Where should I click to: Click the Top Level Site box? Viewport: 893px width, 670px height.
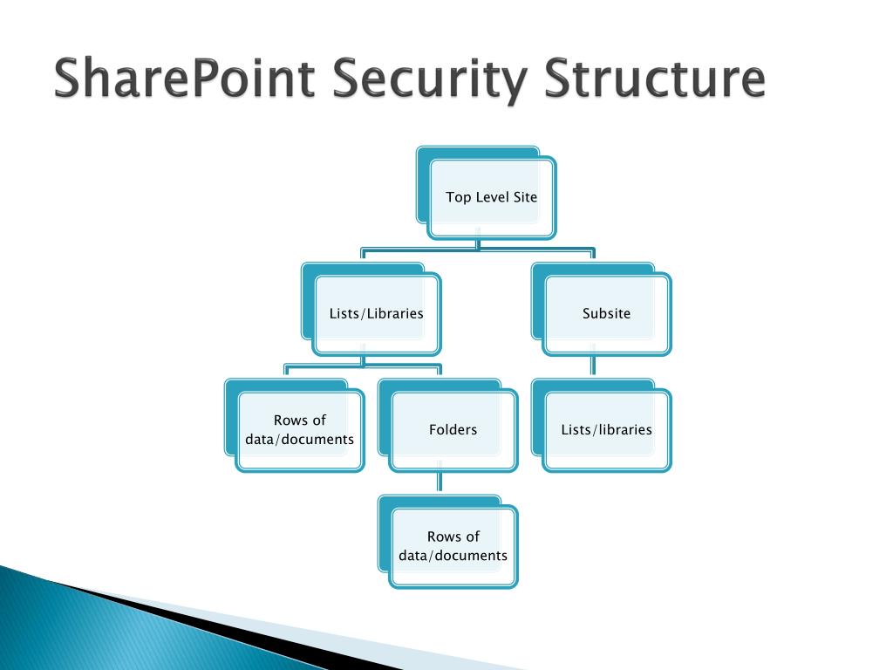pos(491,197)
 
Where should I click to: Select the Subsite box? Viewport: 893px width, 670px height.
pos(606,313)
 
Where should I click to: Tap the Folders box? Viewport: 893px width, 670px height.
pos(453,430)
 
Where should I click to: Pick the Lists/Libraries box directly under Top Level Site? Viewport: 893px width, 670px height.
pos(376,313)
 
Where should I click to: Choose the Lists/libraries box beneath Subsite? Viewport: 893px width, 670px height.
pos(606,430)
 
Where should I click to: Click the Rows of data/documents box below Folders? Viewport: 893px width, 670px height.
pos(453,546)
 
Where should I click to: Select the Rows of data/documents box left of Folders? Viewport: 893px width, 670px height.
pos(299,430)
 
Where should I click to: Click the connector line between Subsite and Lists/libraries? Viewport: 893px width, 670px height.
pos(593,366)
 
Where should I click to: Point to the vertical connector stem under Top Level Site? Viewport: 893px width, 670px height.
pos(478,243)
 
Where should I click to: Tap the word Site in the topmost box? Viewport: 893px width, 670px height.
pos(525,197)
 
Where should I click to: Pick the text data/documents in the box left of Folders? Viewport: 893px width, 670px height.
pos(299,440)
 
